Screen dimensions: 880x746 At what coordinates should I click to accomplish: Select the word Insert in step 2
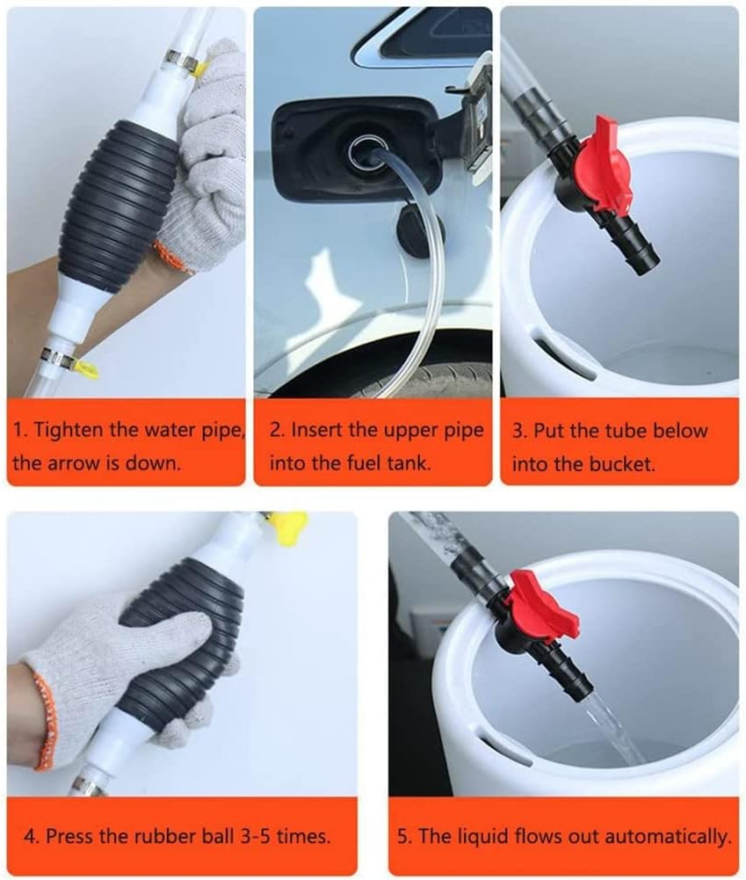point(319,431)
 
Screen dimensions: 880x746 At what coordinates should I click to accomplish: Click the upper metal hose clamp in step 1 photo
point(179,62)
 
